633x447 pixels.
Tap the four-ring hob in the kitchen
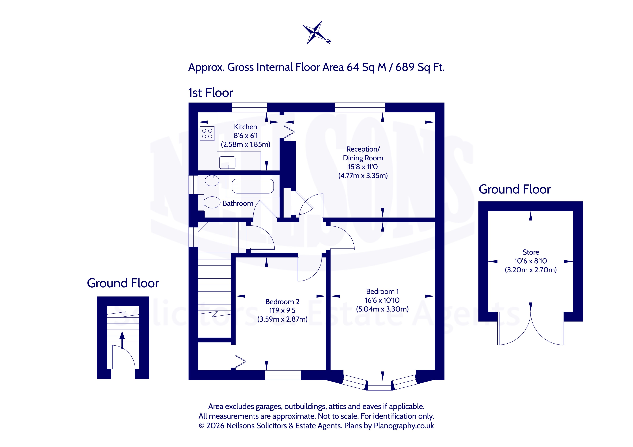click(x=207, y=134)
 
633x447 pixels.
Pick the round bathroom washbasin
click(x=212, y=181)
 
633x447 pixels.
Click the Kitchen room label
click(x=245, y=127)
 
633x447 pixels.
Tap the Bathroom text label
click(x=238, y=203)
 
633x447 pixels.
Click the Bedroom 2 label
click(x=282, y=301)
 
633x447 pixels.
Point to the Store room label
click(x=531, y=252)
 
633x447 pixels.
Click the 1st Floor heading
click(x=211, y=93)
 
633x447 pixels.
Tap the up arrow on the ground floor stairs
click(x=122, y=340)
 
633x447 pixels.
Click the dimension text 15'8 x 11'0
click(x=363, y=167)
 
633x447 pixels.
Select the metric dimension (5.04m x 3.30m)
click(x=382, y=309)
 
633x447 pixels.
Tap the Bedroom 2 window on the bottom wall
click(x=283, y=375)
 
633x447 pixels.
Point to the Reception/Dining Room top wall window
click(x=360, y=107)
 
